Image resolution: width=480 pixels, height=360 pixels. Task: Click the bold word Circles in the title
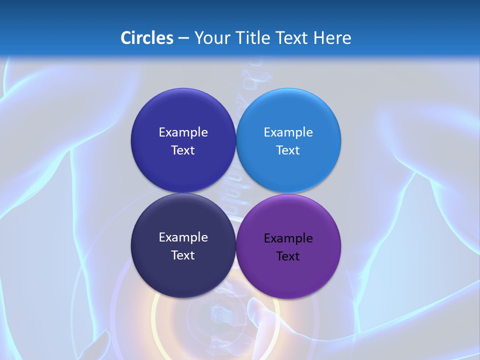pyautogui.click(x=146, y=38)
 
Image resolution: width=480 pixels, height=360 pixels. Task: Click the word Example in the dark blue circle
pyautogui.click(x=183, y=132)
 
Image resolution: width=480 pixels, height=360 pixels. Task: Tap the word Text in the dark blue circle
pyautogui.click(x=183, y=150)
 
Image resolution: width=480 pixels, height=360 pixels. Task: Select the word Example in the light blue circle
pyautogui.click(x=288, y=132)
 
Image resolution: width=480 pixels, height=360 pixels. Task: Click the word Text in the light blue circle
pyautogui.click(x=288, y=150)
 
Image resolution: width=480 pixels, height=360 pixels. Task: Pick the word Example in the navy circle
pyautogui.click(x=183, y=237)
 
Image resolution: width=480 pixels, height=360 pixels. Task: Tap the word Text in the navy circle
pyautogui.click(x=183, y=255)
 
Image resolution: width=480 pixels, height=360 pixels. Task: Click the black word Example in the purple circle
pyautogui.click(x=288, y=238)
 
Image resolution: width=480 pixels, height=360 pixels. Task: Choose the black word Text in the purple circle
pyautogui.click(x=288, y=256)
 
